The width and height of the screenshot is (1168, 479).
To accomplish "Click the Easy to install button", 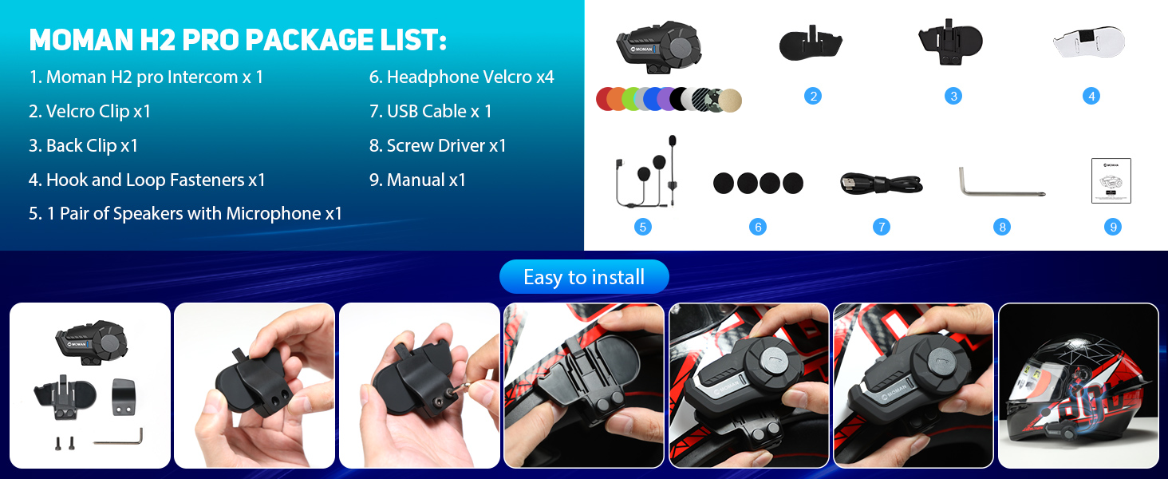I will tap(584, 277).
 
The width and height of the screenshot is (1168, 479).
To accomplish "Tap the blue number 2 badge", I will tap(813, 97).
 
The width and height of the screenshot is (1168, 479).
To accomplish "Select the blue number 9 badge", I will tap(1112, 227).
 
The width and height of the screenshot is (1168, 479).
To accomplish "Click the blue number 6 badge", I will tap(758, 227).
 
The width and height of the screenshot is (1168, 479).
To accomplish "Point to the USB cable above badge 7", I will tap(881, 184).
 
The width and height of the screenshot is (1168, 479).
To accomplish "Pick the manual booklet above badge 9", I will tap(1111, 181).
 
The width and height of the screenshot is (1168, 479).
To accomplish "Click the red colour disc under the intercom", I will tap(606, 99).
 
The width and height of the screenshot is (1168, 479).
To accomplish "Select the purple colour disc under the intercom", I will tap(665, 99).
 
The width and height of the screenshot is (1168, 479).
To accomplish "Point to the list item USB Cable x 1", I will tap(431, 112).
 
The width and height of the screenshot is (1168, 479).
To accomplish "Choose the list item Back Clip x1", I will tap(84, 146).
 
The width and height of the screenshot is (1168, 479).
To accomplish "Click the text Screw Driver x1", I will tap(438, 146).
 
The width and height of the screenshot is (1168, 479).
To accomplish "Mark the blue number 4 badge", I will tap(1091, 97).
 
